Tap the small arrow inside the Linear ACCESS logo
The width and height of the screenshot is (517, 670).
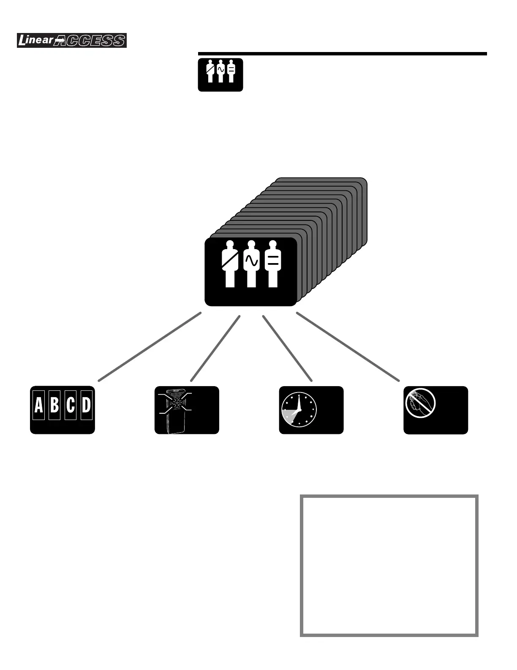pos(60,41)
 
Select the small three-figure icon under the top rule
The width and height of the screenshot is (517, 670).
pos(220,74)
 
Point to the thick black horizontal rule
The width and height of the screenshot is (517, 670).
pos(342,54)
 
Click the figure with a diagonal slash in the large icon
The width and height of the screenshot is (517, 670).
pos(230,264)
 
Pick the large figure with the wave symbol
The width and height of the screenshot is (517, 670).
pos(251,264)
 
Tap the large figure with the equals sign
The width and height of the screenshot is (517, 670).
pos(273,264)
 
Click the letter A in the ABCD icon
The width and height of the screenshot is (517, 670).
pos(39,405)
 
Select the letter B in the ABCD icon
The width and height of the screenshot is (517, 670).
pos(54,405)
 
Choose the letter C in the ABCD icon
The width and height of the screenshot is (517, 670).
pos(71,405)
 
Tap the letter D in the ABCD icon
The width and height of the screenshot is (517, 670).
pos(86,405)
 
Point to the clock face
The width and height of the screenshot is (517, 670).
pos(299,410)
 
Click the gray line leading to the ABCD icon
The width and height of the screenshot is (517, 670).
pos(150,347)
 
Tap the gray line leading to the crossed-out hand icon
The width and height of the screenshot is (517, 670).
pos(348,347)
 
